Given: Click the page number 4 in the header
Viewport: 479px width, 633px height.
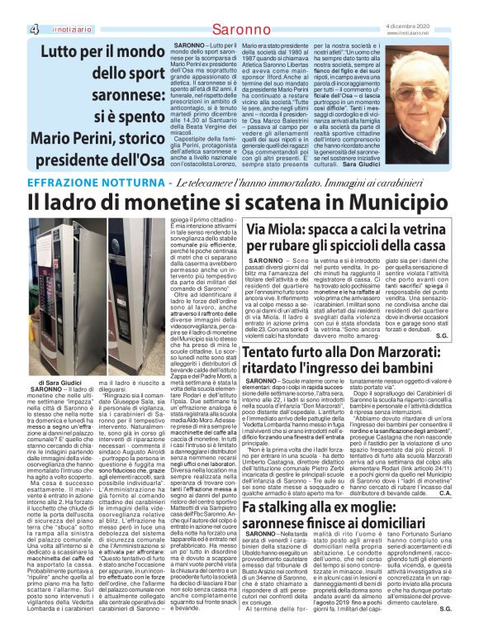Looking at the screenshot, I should click(x=12, y=30).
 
